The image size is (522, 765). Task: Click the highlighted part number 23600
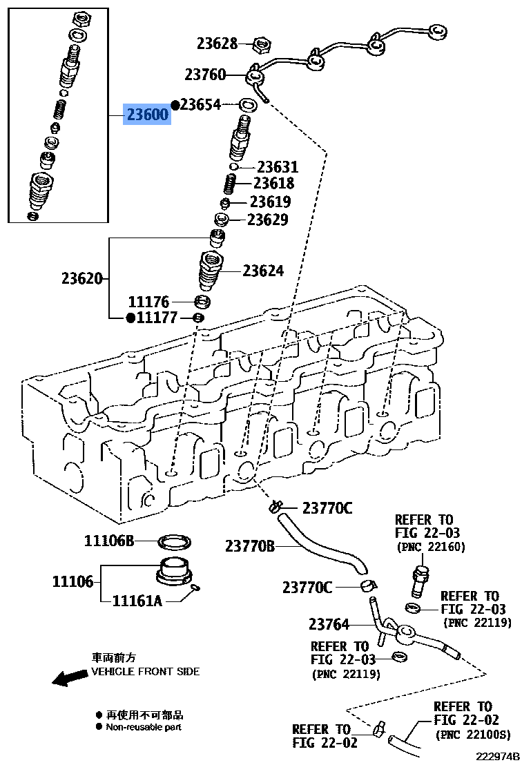[146, 115]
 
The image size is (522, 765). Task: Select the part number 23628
[217, 44]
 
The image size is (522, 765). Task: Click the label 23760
[205, 74]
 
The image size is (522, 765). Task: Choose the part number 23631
[278, 167]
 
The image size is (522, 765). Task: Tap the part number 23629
[268, 220]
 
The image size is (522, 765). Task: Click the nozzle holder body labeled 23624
[212, 271]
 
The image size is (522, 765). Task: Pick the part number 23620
[81, 279]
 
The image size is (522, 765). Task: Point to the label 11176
[148, 302]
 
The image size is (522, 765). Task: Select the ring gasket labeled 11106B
[175, 541]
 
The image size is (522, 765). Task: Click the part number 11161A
[137, 601]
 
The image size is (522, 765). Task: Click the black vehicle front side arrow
[70, 679]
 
